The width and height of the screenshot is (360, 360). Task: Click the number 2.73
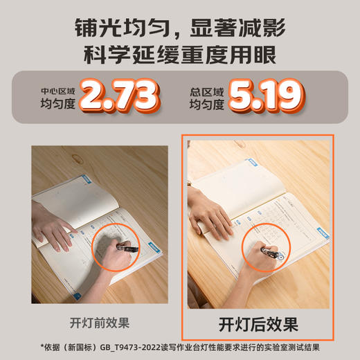pos(120,95)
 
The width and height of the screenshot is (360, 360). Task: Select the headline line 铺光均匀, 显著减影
pos(180,29)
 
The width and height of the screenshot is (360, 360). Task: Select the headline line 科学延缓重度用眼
pos(180,55)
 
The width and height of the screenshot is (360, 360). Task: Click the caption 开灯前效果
pos(99,323)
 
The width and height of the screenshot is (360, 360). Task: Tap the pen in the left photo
pos(128,246)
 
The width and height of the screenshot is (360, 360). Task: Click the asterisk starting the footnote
pos(43,346)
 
